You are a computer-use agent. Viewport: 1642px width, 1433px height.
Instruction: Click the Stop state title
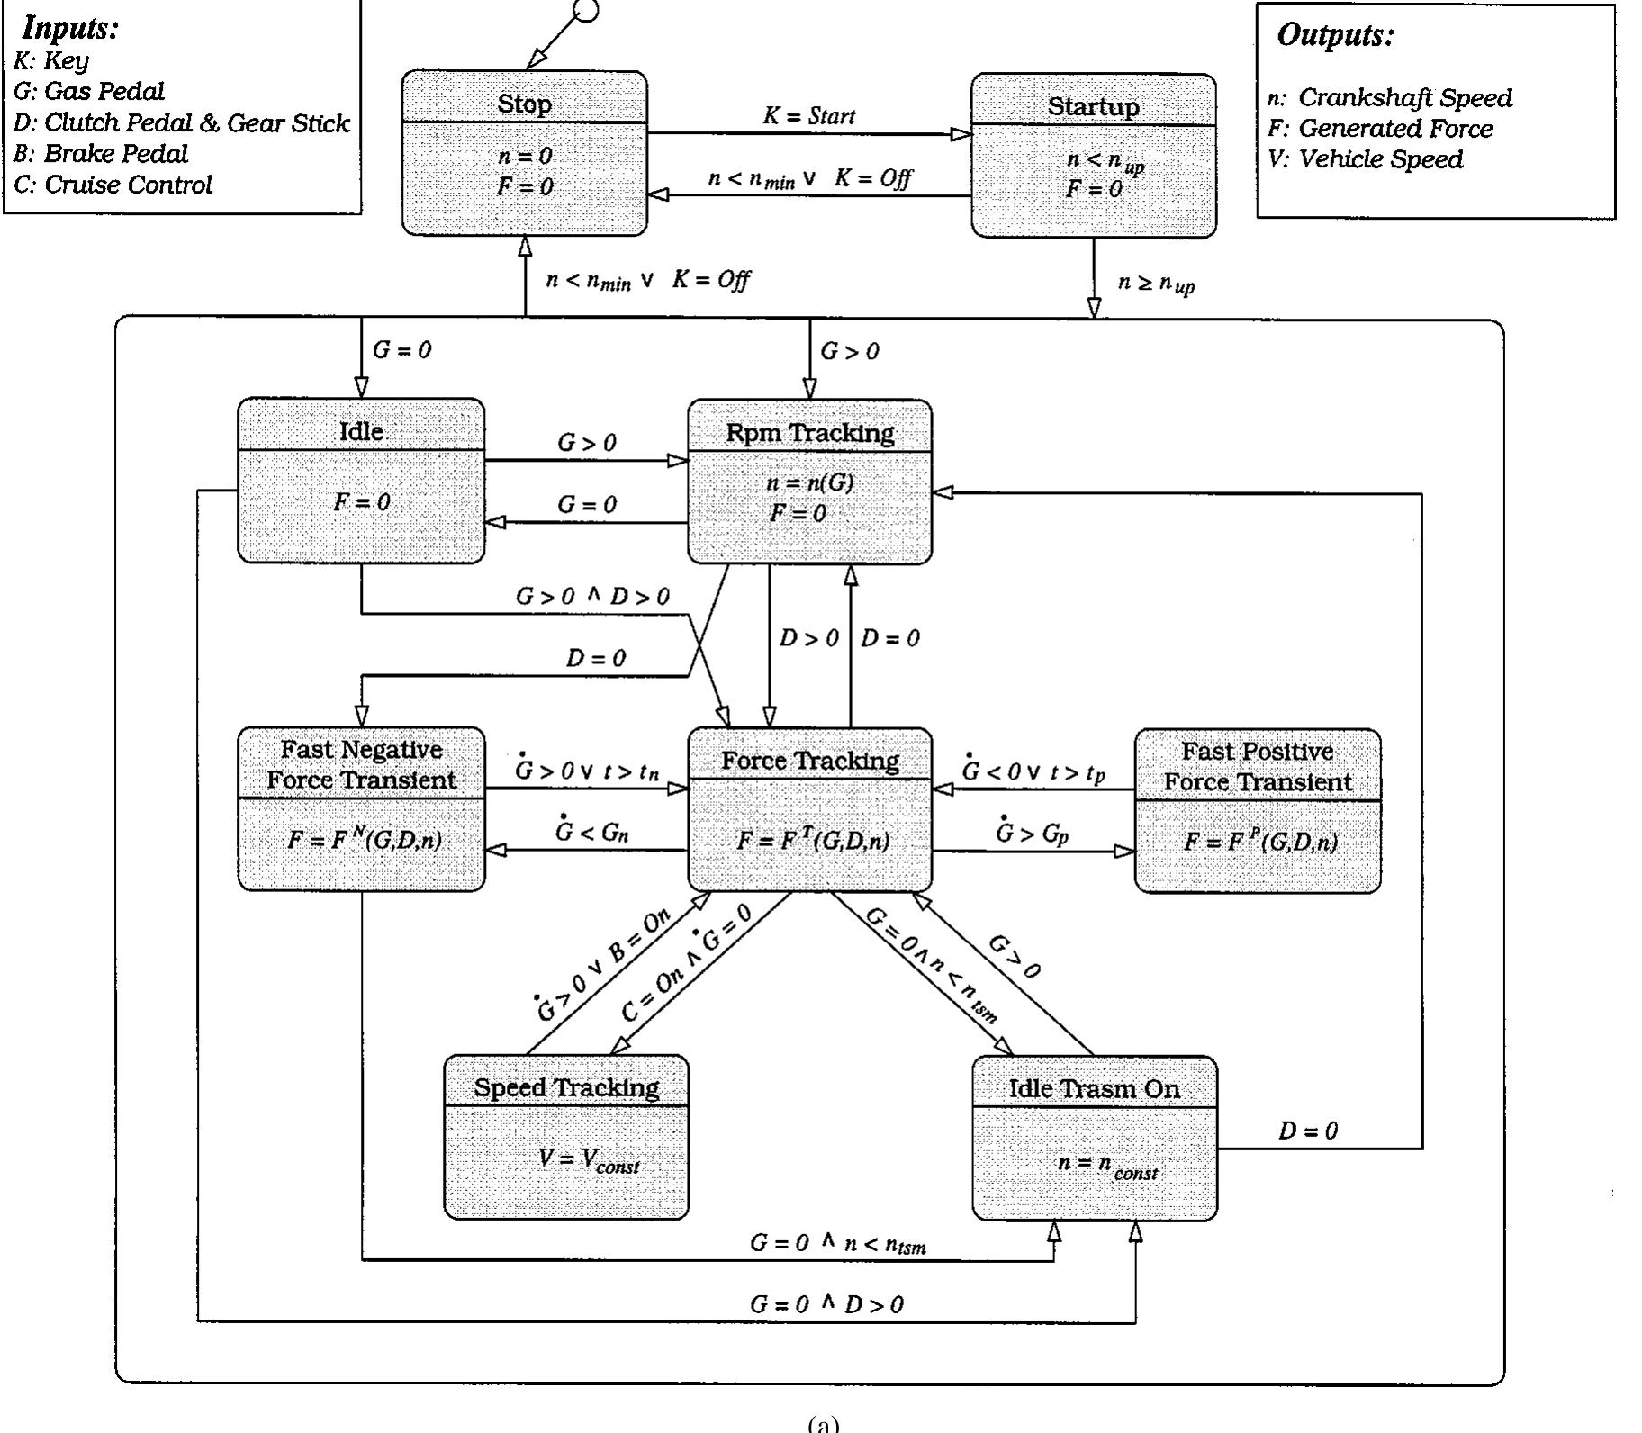524,104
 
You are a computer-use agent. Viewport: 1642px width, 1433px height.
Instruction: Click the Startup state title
1093,106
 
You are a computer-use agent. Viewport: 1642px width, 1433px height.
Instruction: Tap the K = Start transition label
808,116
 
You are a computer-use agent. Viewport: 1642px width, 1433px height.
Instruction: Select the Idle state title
361,431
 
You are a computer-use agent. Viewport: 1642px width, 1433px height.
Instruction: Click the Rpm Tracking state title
809,433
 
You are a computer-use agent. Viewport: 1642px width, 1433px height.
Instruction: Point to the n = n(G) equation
809,482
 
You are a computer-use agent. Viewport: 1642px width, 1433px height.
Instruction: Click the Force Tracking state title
809,762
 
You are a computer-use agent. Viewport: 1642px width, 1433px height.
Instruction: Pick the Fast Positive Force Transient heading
1257,766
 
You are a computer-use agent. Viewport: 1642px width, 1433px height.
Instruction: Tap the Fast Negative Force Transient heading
361,764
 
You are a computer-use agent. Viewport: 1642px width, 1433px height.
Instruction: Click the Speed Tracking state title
566,1087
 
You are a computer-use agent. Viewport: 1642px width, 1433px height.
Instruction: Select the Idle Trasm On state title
1094,1089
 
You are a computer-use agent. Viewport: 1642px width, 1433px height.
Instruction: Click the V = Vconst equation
588,1159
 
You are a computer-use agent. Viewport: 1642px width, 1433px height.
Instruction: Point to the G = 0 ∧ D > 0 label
826,1304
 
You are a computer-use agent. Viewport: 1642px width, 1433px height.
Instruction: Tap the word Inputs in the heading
70,28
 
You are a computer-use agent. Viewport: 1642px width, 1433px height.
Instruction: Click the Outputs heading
1335,35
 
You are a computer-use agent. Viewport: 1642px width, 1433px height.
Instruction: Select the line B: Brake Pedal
100,154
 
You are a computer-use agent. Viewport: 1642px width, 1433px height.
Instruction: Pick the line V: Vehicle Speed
1365,159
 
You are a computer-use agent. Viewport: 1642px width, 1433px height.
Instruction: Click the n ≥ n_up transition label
1156,284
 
